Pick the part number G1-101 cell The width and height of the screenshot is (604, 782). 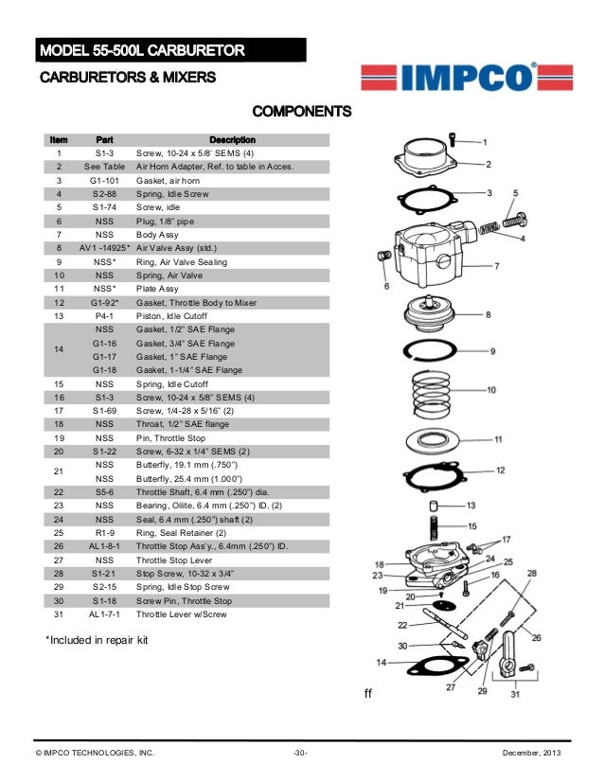[104, 179]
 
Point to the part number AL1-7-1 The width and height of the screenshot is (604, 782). [104, 613]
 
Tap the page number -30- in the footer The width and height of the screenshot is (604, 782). [300, 753]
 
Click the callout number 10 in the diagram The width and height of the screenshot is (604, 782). [490, 390]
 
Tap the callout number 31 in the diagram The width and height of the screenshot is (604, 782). [516, 695]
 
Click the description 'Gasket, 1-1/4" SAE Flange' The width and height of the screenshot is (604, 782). [189, 370]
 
